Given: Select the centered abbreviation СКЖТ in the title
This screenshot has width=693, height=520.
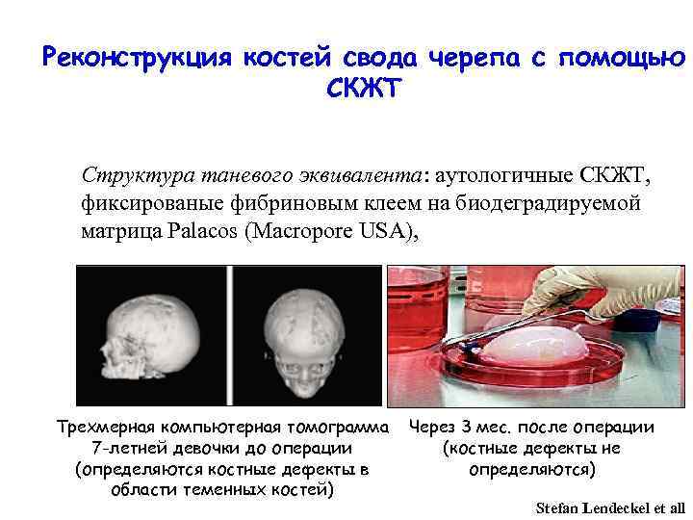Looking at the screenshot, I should click(362, 90).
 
